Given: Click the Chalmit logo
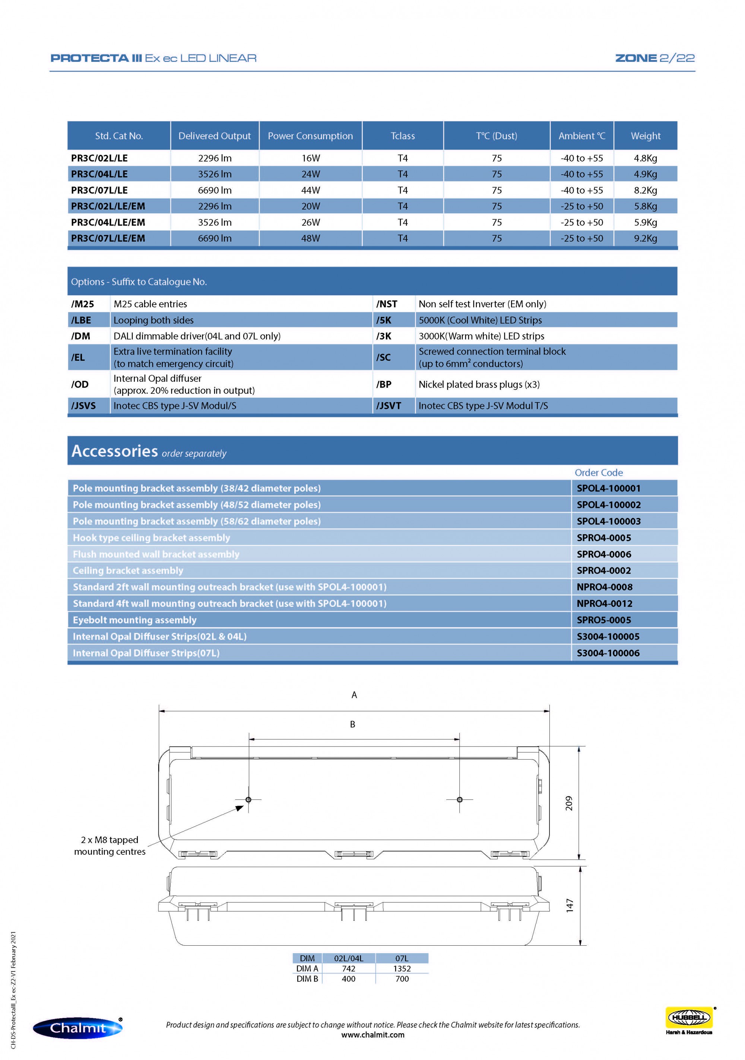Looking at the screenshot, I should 77,1028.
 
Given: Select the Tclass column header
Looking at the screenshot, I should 402,136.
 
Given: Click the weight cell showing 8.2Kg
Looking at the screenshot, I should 645,190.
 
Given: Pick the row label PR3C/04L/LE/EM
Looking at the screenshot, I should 108,222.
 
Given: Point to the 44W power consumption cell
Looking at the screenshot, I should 310,190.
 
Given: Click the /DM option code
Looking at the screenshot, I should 80,336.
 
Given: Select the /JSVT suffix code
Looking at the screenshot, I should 388,405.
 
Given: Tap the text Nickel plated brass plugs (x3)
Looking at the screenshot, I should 479,384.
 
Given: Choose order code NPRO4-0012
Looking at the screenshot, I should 604,604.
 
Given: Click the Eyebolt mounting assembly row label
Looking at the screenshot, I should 134,620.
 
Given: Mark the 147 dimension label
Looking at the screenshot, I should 569,905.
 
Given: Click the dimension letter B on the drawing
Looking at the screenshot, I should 352,725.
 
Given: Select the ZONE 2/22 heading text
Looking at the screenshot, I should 654,58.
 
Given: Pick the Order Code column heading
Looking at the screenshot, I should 598,472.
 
